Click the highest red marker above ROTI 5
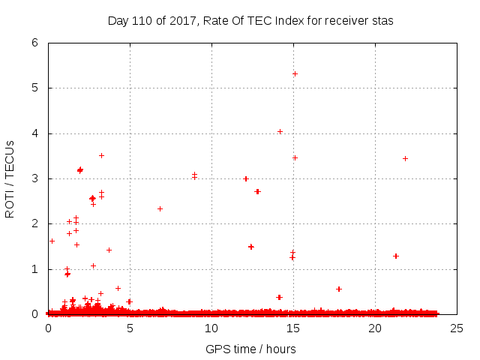point(295,73)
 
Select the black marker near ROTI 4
point(280,131)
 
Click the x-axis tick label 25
point(456,328)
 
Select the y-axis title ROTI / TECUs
point(10,178)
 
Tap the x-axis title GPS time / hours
point(250,349)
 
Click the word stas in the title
point(382,21)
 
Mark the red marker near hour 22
point(405,158)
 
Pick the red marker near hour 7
point(160,208)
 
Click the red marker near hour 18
point(339,289)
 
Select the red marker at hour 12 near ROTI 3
point(246,178)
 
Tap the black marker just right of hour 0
point(52,241)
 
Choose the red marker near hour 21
point(396,256)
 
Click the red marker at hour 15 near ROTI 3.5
point(295,157)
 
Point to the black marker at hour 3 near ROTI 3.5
point(101,155)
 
